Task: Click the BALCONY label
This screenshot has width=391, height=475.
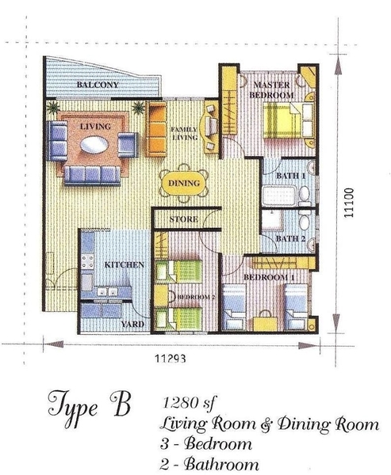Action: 98,85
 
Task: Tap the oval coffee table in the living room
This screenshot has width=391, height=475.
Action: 94,145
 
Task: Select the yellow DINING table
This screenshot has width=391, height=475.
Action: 184,183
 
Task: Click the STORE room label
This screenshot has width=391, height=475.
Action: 184,219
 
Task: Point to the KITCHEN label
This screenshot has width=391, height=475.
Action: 125,264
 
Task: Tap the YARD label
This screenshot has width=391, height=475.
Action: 132,324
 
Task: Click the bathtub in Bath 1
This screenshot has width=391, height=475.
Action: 279,196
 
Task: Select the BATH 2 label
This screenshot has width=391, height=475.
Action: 290,239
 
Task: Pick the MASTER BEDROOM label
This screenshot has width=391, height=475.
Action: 272,90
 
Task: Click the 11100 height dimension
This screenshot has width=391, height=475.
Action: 349,203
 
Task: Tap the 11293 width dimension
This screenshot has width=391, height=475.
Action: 171,359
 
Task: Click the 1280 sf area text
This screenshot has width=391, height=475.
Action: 189,403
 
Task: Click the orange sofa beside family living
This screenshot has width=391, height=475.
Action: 155,129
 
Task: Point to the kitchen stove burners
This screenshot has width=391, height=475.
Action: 87,262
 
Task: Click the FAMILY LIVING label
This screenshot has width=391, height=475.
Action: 184,134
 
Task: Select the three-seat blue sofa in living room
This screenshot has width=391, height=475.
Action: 92,176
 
